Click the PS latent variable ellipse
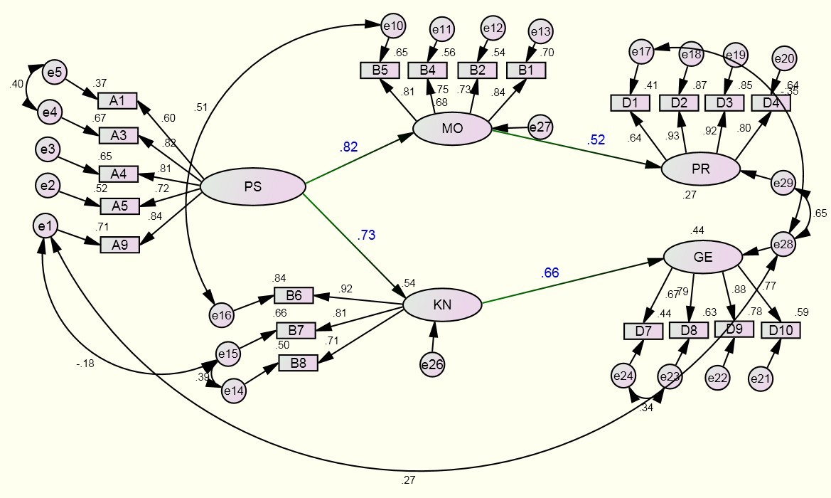point(252,187)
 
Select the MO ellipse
point(452,129)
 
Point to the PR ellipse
point(700,169)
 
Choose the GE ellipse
point(702,257)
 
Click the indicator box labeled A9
point(119,244)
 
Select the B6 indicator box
point(294,296)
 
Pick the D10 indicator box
point(781,330)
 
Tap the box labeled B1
point(526,70)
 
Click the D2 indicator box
point(678,102)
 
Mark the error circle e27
point(540,127)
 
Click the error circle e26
point(432,365)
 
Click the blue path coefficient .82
point(348,147)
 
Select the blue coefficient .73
point(366,235)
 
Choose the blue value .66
point(550,272)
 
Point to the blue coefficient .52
point(596,140)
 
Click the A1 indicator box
point(117,100)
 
